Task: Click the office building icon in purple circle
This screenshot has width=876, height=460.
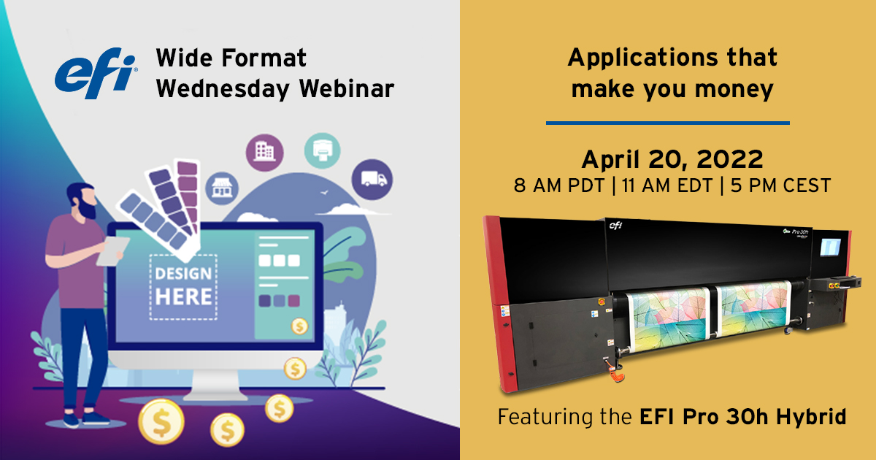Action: point(264,151)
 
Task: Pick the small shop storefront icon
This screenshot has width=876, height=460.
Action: point(221,189)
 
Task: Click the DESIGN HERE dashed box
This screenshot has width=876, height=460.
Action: point(183,286)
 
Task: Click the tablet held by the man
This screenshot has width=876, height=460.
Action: point(111,250)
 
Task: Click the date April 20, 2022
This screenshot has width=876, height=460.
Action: point(672,159)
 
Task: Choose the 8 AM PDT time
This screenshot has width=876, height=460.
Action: point(560,186)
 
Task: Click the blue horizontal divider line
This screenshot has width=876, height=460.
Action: point(667,123)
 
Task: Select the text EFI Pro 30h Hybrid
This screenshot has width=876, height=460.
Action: point(742,418)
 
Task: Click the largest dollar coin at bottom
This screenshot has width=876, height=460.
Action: point(161,423)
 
